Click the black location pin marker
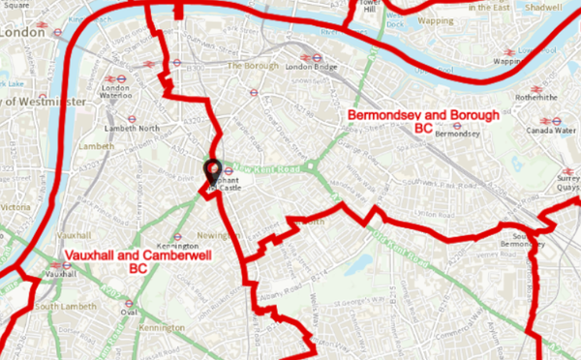tap(212, 171)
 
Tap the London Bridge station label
tap(309, 67)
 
